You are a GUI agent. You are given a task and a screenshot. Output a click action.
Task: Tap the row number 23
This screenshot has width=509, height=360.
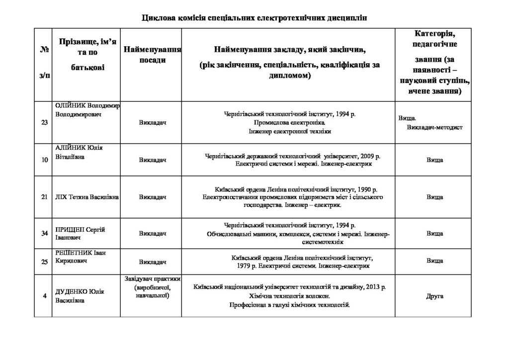point(44,123)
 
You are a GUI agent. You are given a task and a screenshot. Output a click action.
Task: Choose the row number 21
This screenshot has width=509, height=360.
point(44,197)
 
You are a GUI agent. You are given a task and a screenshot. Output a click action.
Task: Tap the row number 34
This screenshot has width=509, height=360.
point(44,233)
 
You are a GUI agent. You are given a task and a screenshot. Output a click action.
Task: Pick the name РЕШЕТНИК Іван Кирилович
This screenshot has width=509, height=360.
point(81,257)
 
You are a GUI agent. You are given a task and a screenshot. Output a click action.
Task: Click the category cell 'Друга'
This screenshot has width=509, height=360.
point(434,296)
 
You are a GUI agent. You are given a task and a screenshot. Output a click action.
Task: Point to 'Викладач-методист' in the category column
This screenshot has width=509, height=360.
point(434,127)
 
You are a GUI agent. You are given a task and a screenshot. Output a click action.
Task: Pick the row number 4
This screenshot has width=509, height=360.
point(44,296)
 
